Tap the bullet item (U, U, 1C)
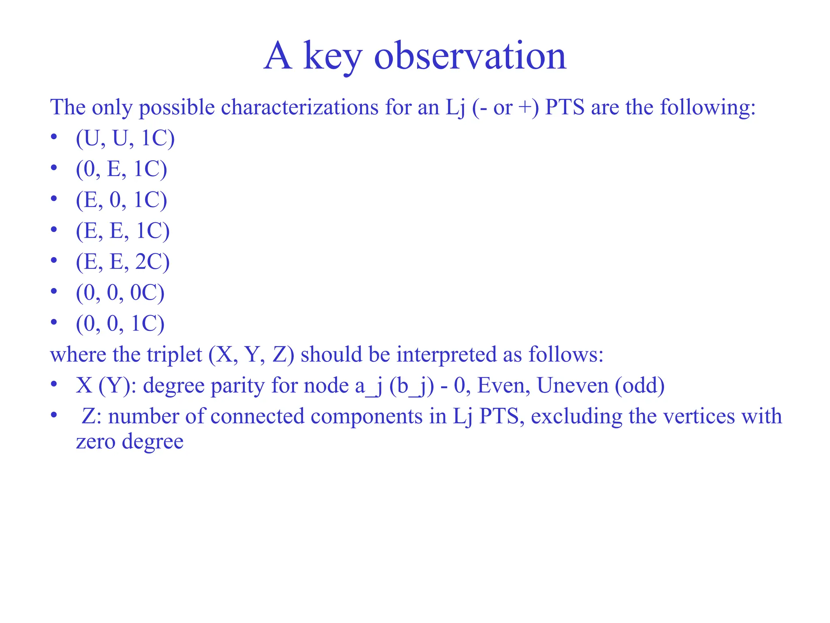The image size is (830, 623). coord(125,138)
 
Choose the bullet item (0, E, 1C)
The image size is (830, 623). coord(121,169)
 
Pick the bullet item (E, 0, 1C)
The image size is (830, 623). coord(121,200)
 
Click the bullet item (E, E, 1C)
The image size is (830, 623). coord(122,231)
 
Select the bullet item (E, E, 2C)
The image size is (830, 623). coord(122,262)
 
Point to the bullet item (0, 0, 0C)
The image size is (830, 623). coord(120,292)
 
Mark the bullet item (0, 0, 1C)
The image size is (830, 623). coord(120,323)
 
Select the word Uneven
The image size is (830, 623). coord(572,385)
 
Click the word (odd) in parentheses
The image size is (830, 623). coord(640,385)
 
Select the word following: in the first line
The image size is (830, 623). coord(708,107)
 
